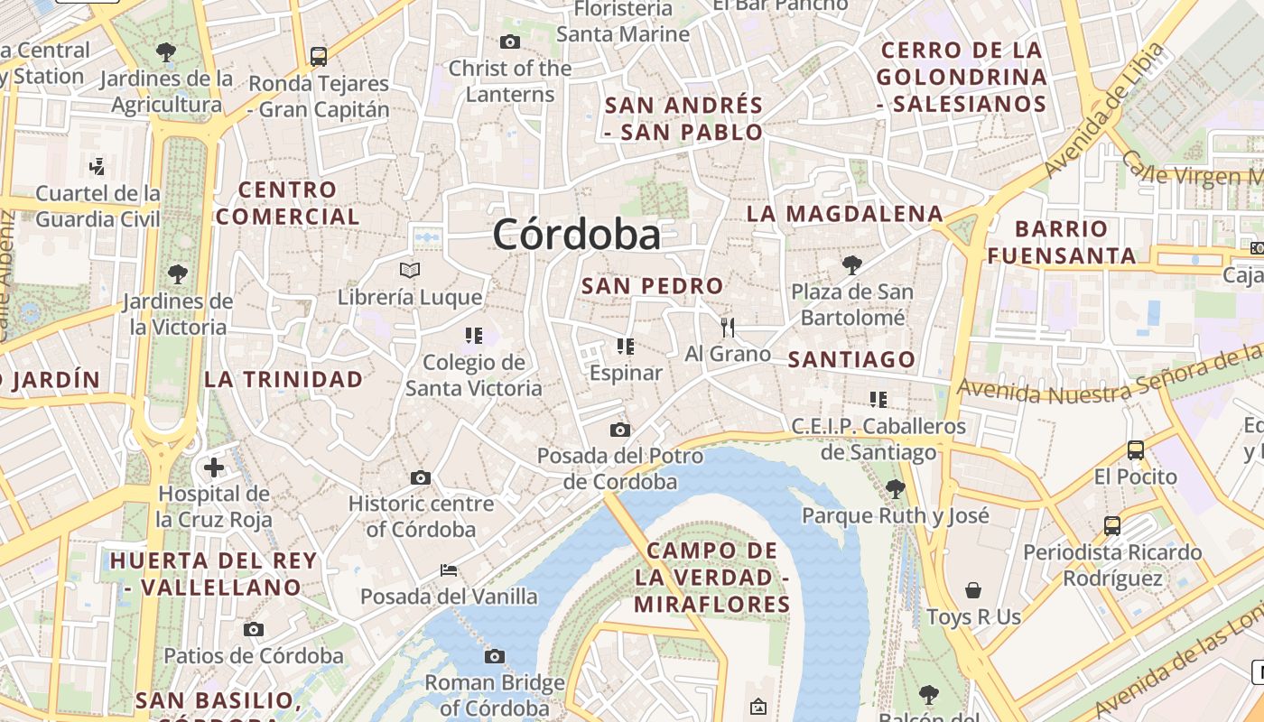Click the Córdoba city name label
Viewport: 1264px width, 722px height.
576,235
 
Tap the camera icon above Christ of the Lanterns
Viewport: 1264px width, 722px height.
510,42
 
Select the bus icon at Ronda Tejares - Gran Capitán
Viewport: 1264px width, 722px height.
319,57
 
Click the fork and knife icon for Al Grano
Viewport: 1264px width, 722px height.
728,327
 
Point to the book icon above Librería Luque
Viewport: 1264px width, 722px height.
410,270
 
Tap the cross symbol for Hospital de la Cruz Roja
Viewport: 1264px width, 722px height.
214,467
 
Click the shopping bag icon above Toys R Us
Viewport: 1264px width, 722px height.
973,590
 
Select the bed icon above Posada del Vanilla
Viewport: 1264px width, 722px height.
449,570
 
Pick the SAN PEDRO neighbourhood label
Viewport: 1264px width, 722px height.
652,286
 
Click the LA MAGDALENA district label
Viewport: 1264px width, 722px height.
845,214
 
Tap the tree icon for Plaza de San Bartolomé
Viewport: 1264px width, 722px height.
851,264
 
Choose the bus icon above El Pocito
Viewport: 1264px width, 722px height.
1136,449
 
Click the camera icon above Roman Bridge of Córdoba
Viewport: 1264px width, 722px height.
495,656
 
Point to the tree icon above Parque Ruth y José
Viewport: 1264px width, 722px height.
896,489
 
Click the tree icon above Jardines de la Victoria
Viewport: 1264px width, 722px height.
178,273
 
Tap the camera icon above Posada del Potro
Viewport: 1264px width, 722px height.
619,430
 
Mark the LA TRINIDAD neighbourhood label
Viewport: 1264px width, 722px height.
283,379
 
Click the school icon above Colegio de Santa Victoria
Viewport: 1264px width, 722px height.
474,336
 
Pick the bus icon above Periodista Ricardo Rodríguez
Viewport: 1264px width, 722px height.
1112,525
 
